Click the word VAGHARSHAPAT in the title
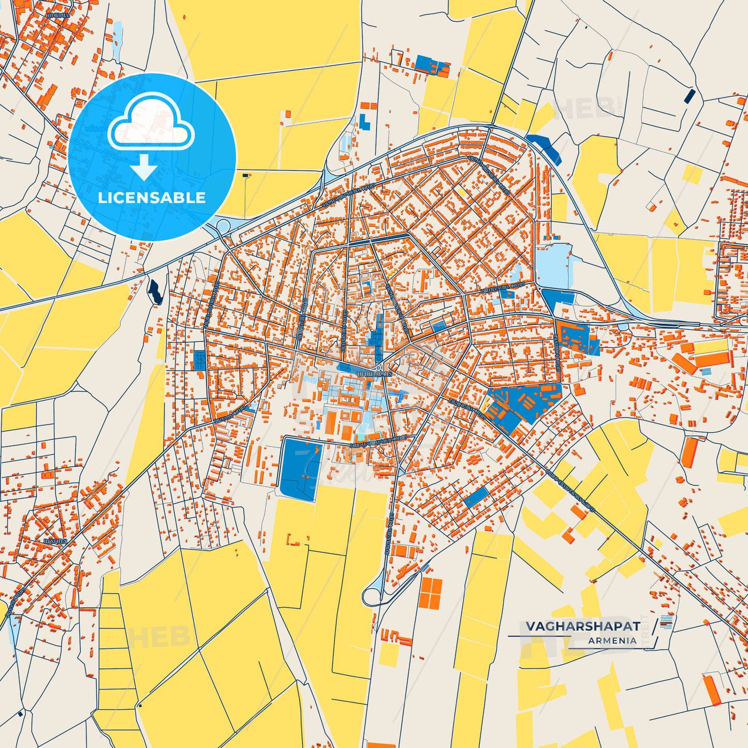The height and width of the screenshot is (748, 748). click(583, 626)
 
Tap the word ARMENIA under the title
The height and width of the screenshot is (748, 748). click(612, 641)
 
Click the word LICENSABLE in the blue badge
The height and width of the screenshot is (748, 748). click(152, 198)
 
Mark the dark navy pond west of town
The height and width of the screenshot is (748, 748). click(155, 291)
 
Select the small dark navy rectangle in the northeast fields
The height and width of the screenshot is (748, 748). click(690, 96)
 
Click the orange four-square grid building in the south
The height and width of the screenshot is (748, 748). click(431, 593)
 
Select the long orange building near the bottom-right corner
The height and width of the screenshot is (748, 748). click(712, 690)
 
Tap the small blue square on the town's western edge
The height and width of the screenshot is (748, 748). click(199, 360)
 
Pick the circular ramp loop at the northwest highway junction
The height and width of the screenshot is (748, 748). click(224, 226)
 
